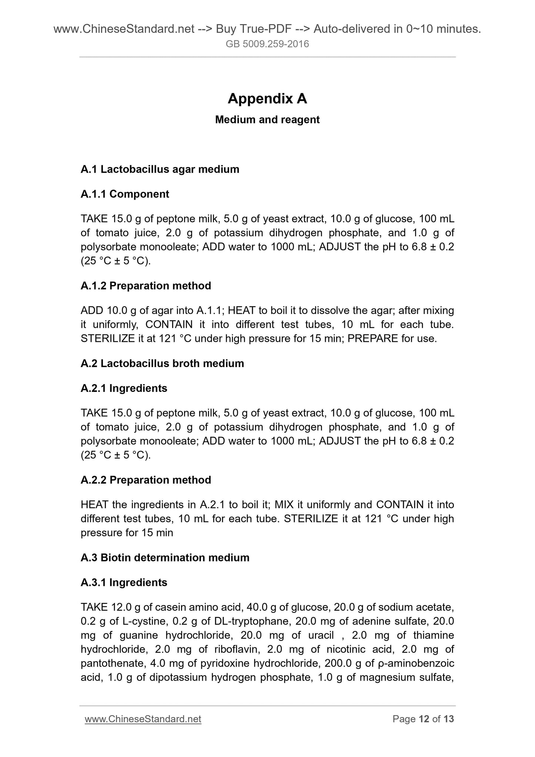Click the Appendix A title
point(267,99)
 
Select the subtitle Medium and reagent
point(267,120)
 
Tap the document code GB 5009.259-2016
point(267,44)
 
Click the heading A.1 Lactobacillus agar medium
point(160,169)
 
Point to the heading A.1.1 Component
point(125,194)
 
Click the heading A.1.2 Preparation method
point(146,286)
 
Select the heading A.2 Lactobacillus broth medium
point(162,363)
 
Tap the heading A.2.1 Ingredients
point(124,388)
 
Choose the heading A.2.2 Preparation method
point(146,480)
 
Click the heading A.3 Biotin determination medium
point(165,558)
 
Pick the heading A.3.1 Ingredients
point(124,583)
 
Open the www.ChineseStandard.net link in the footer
point(143,719)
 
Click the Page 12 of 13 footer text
point(423,719)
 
